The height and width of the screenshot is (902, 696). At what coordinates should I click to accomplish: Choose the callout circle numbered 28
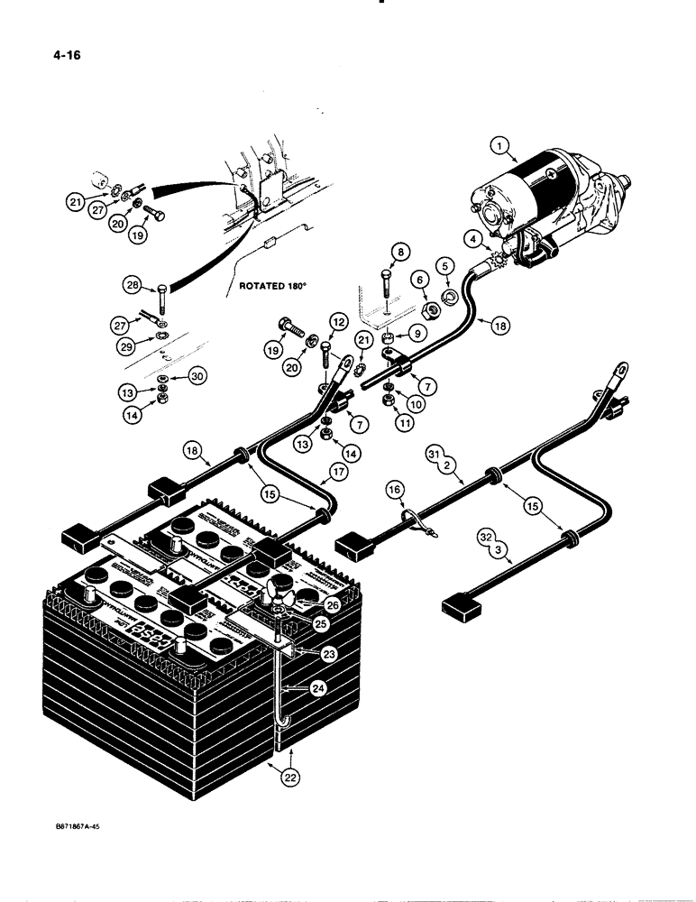point(134,286)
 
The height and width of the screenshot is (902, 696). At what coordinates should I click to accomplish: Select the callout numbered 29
point(134,345)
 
